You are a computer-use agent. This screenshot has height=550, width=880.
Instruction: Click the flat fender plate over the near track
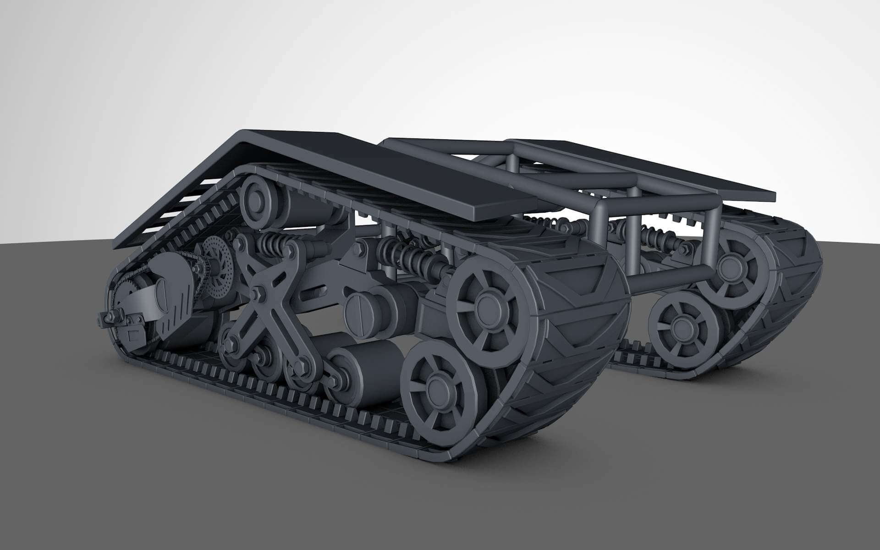(x=367, y=174)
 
